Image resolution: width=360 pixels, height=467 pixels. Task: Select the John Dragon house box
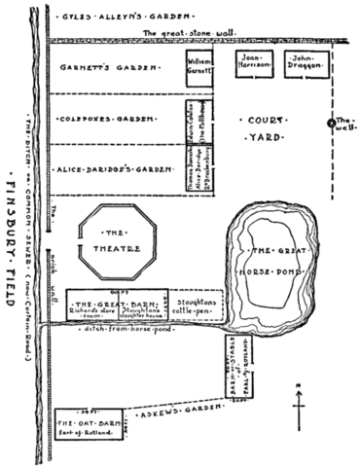303,65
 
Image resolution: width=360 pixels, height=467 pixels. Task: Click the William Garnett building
198,68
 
